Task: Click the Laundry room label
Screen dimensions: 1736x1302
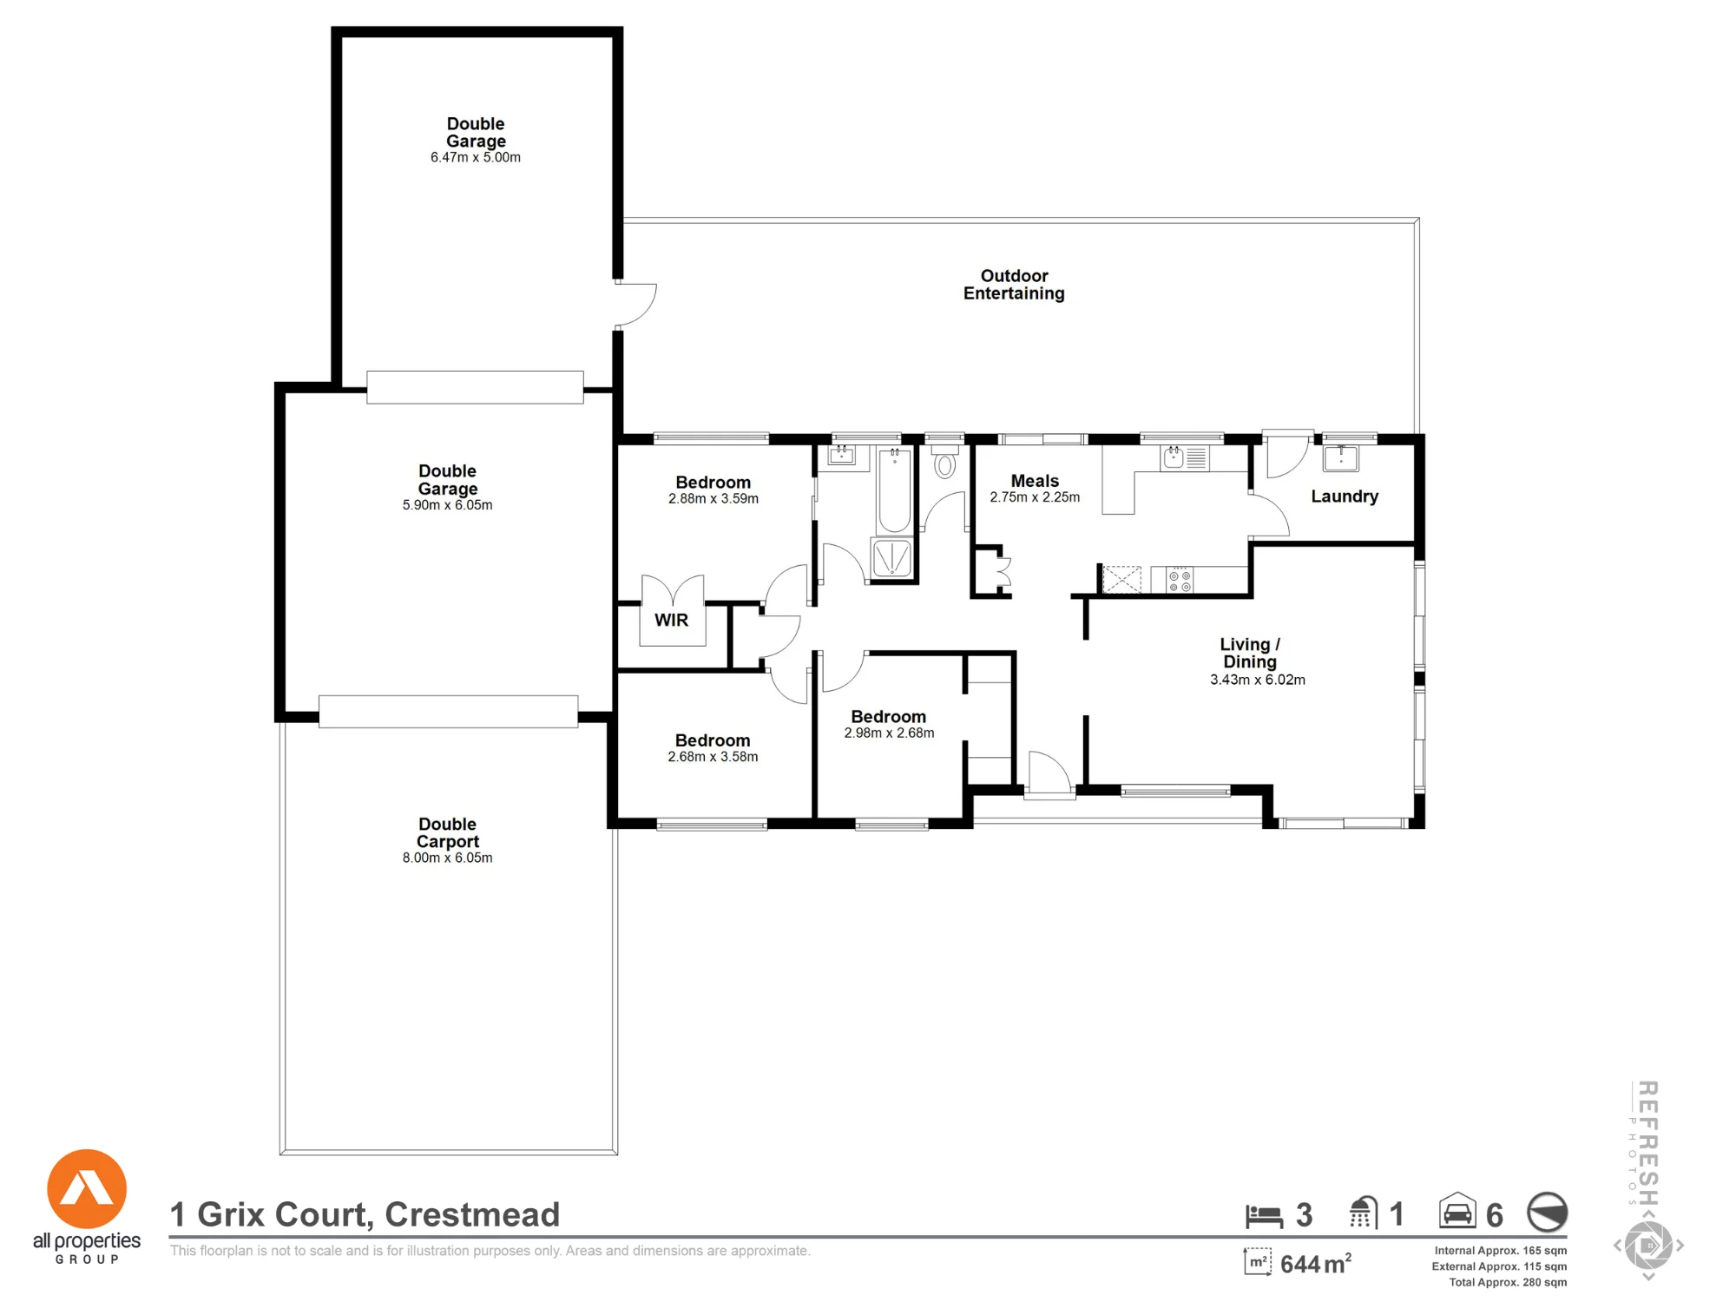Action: [x=1345, y=496]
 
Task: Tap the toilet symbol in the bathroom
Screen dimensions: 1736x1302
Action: [x=944, y=463]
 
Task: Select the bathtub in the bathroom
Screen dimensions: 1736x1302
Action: [x=894, y=490]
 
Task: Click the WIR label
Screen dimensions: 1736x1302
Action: [x=671, y=620]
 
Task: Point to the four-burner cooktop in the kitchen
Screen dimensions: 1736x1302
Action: [x=1180, y=581]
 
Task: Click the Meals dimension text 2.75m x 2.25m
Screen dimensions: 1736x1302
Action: [x=1035, y=497]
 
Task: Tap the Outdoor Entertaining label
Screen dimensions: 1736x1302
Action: [x=1014, y=285]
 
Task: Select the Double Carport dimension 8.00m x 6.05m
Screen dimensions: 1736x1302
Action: [x=447, y=858]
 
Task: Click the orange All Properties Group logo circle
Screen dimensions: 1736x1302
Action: [x=87, y=1189]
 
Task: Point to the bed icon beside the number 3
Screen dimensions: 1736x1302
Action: [x=1264, y=1216]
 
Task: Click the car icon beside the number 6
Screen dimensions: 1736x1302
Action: [x=1457, y=1211]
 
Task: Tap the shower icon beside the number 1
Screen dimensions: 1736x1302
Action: [x=1364, y=1213]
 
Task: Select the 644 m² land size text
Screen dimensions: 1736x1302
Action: [x=1316, y=1264]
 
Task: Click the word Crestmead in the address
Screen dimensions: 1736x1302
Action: [x=472, y=1215]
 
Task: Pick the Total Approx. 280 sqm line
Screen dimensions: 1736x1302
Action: [x=1508, y=1282]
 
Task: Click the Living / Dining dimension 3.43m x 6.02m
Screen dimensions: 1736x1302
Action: [x=1258, y=680]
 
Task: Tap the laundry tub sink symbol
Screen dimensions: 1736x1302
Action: [x=1341, y=457]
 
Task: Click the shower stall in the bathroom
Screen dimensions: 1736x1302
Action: [x=891, y=558]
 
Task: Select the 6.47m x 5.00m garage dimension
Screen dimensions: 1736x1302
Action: [x=476, y=157]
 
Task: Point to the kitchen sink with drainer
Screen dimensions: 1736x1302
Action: [x=1185, y=457]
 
